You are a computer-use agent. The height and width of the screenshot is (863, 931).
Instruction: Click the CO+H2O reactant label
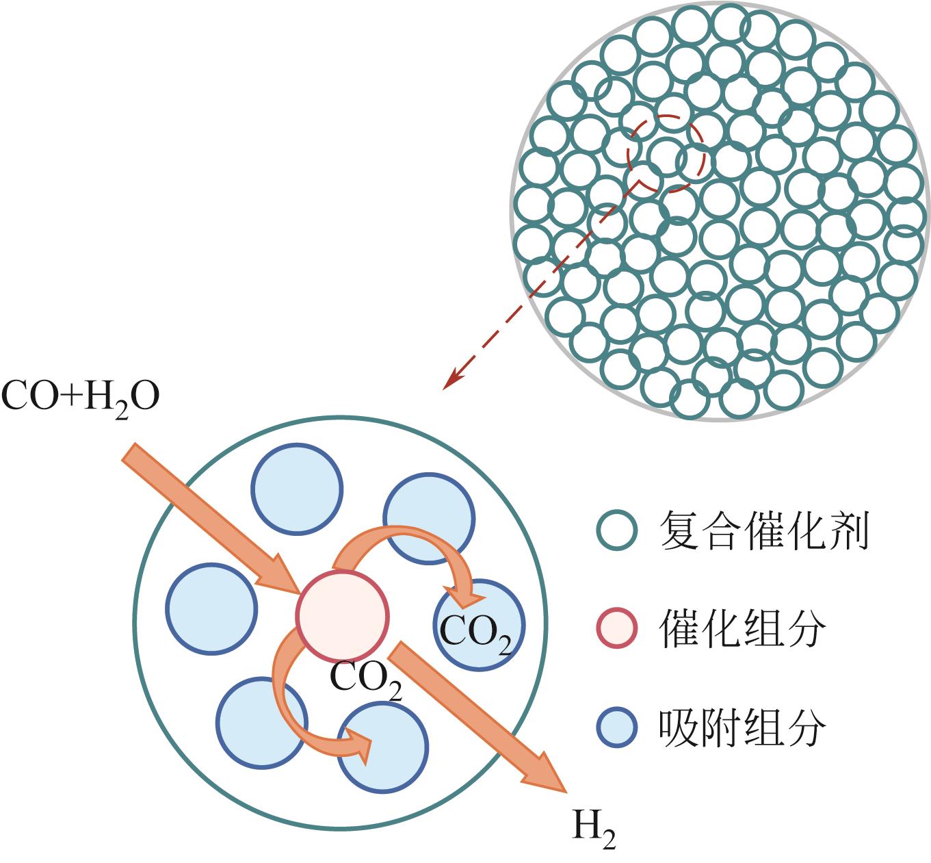point(80,398)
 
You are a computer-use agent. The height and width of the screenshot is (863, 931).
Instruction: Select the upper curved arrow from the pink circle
point(404,541)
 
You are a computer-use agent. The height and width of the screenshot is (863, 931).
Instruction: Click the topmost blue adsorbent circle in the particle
point(296,489)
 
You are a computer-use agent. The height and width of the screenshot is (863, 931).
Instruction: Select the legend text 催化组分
point(742,628)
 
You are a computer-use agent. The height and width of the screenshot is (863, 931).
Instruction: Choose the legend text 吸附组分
point(742,727)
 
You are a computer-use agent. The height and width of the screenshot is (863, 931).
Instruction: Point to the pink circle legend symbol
point(617,628)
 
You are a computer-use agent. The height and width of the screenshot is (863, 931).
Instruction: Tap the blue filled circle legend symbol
point(617,727)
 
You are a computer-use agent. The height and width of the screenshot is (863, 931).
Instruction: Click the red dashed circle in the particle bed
point(666,152)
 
